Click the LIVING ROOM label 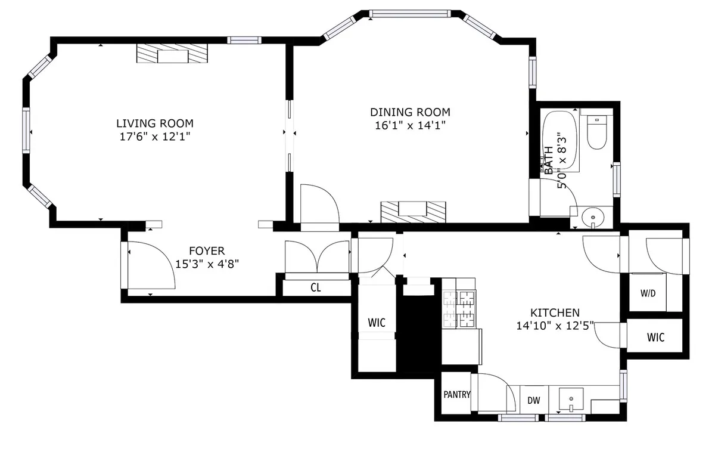(154, 123)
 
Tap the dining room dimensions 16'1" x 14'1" (410, 125)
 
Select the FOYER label (207, 251)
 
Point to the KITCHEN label (555, 312)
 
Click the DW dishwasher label (533, 400)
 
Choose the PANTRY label (457, 394)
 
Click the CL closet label (316, 287)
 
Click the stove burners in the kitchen (459, 309)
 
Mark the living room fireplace (172, 55)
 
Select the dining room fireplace (413, 211)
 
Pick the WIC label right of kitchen (655, 338)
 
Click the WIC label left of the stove (376, 323)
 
